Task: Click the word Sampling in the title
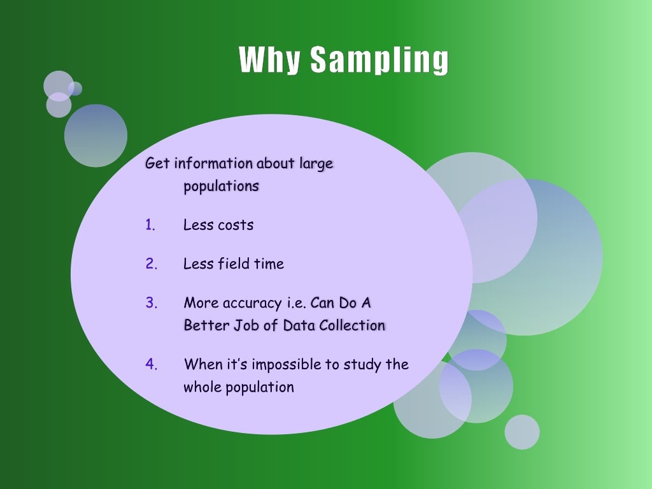(379, 60)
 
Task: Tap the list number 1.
(150, 225)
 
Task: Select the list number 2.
(151, 264)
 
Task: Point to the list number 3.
(151, 302)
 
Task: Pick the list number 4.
(151, 364)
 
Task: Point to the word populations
(221, 187)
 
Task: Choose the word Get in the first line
(157, 164)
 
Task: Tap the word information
(213, 164)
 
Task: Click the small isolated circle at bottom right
(522, 432)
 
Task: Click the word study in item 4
(362, 365)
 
